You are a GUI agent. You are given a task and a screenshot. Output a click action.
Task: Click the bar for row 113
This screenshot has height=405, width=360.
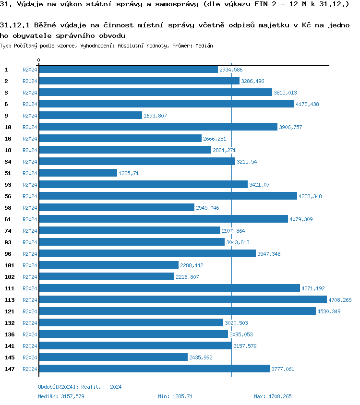click(182, 299)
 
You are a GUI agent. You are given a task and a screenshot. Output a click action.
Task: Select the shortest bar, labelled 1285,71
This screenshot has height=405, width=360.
click(78, 173)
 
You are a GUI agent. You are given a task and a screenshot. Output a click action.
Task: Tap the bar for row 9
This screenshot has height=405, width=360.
click(90, 115)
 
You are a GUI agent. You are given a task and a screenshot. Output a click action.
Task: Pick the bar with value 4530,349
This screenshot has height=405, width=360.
click(177, 311)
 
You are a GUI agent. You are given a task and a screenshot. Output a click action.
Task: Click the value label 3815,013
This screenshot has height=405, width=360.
click(285, 93)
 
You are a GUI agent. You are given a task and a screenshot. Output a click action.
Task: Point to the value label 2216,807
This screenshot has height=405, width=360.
click(187, 277)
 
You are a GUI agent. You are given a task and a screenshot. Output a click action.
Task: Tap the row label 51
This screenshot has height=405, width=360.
click(8, 173)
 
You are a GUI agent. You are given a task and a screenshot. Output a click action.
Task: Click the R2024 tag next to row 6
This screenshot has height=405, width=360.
click(30, 104)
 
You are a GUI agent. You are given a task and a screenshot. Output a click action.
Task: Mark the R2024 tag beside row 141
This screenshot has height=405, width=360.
click(30, 346)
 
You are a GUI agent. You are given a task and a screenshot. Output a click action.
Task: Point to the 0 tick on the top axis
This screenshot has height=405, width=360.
click(39, 60)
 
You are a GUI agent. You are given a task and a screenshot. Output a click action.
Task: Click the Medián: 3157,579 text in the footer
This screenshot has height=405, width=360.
click(61, 396)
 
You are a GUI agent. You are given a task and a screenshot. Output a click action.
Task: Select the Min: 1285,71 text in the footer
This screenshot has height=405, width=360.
click(175, 396)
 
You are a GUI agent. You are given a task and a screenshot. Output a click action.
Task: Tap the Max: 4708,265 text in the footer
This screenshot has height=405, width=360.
click(273, 396)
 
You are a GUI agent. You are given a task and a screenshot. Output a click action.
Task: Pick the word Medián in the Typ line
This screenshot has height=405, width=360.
click(204, 46)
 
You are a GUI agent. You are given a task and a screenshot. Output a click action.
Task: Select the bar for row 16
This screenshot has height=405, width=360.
click(120, 138)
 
